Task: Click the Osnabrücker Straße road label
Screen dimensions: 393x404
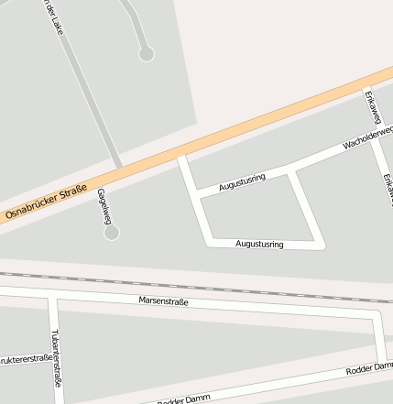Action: point(46,202)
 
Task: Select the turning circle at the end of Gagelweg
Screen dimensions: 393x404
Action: point(112,233)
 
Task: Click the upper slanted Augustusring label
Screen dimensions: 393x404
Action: point(242,180)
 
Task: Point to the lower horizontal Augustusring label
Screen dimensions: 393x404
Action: point(259,245)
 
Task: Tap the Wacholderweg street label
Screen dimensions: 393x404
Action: point(367,138)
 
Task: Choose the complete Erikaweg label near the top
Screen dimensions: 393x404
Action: point(371,108)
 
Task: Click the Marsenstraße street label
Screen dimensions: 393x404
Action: point(163,300)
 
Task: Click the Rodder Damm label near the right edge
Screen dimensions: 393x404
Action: point(368,370)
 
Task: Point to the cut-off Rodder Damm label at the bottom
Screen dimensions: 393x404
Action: point(183,399)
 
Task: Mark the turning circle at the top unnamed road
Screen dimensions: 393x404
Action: point(146,54)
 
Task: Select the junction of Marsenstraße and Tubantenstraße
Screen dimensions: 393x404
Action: point(55,297)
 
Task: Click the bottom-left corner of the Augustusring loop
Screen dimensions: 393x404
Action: point(209,243)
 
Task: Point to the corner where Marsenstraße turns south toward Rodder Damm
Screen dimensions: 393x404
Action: point(377,314)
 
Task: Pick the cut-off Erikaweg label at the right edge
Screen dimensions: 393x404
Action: point(387,188)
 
